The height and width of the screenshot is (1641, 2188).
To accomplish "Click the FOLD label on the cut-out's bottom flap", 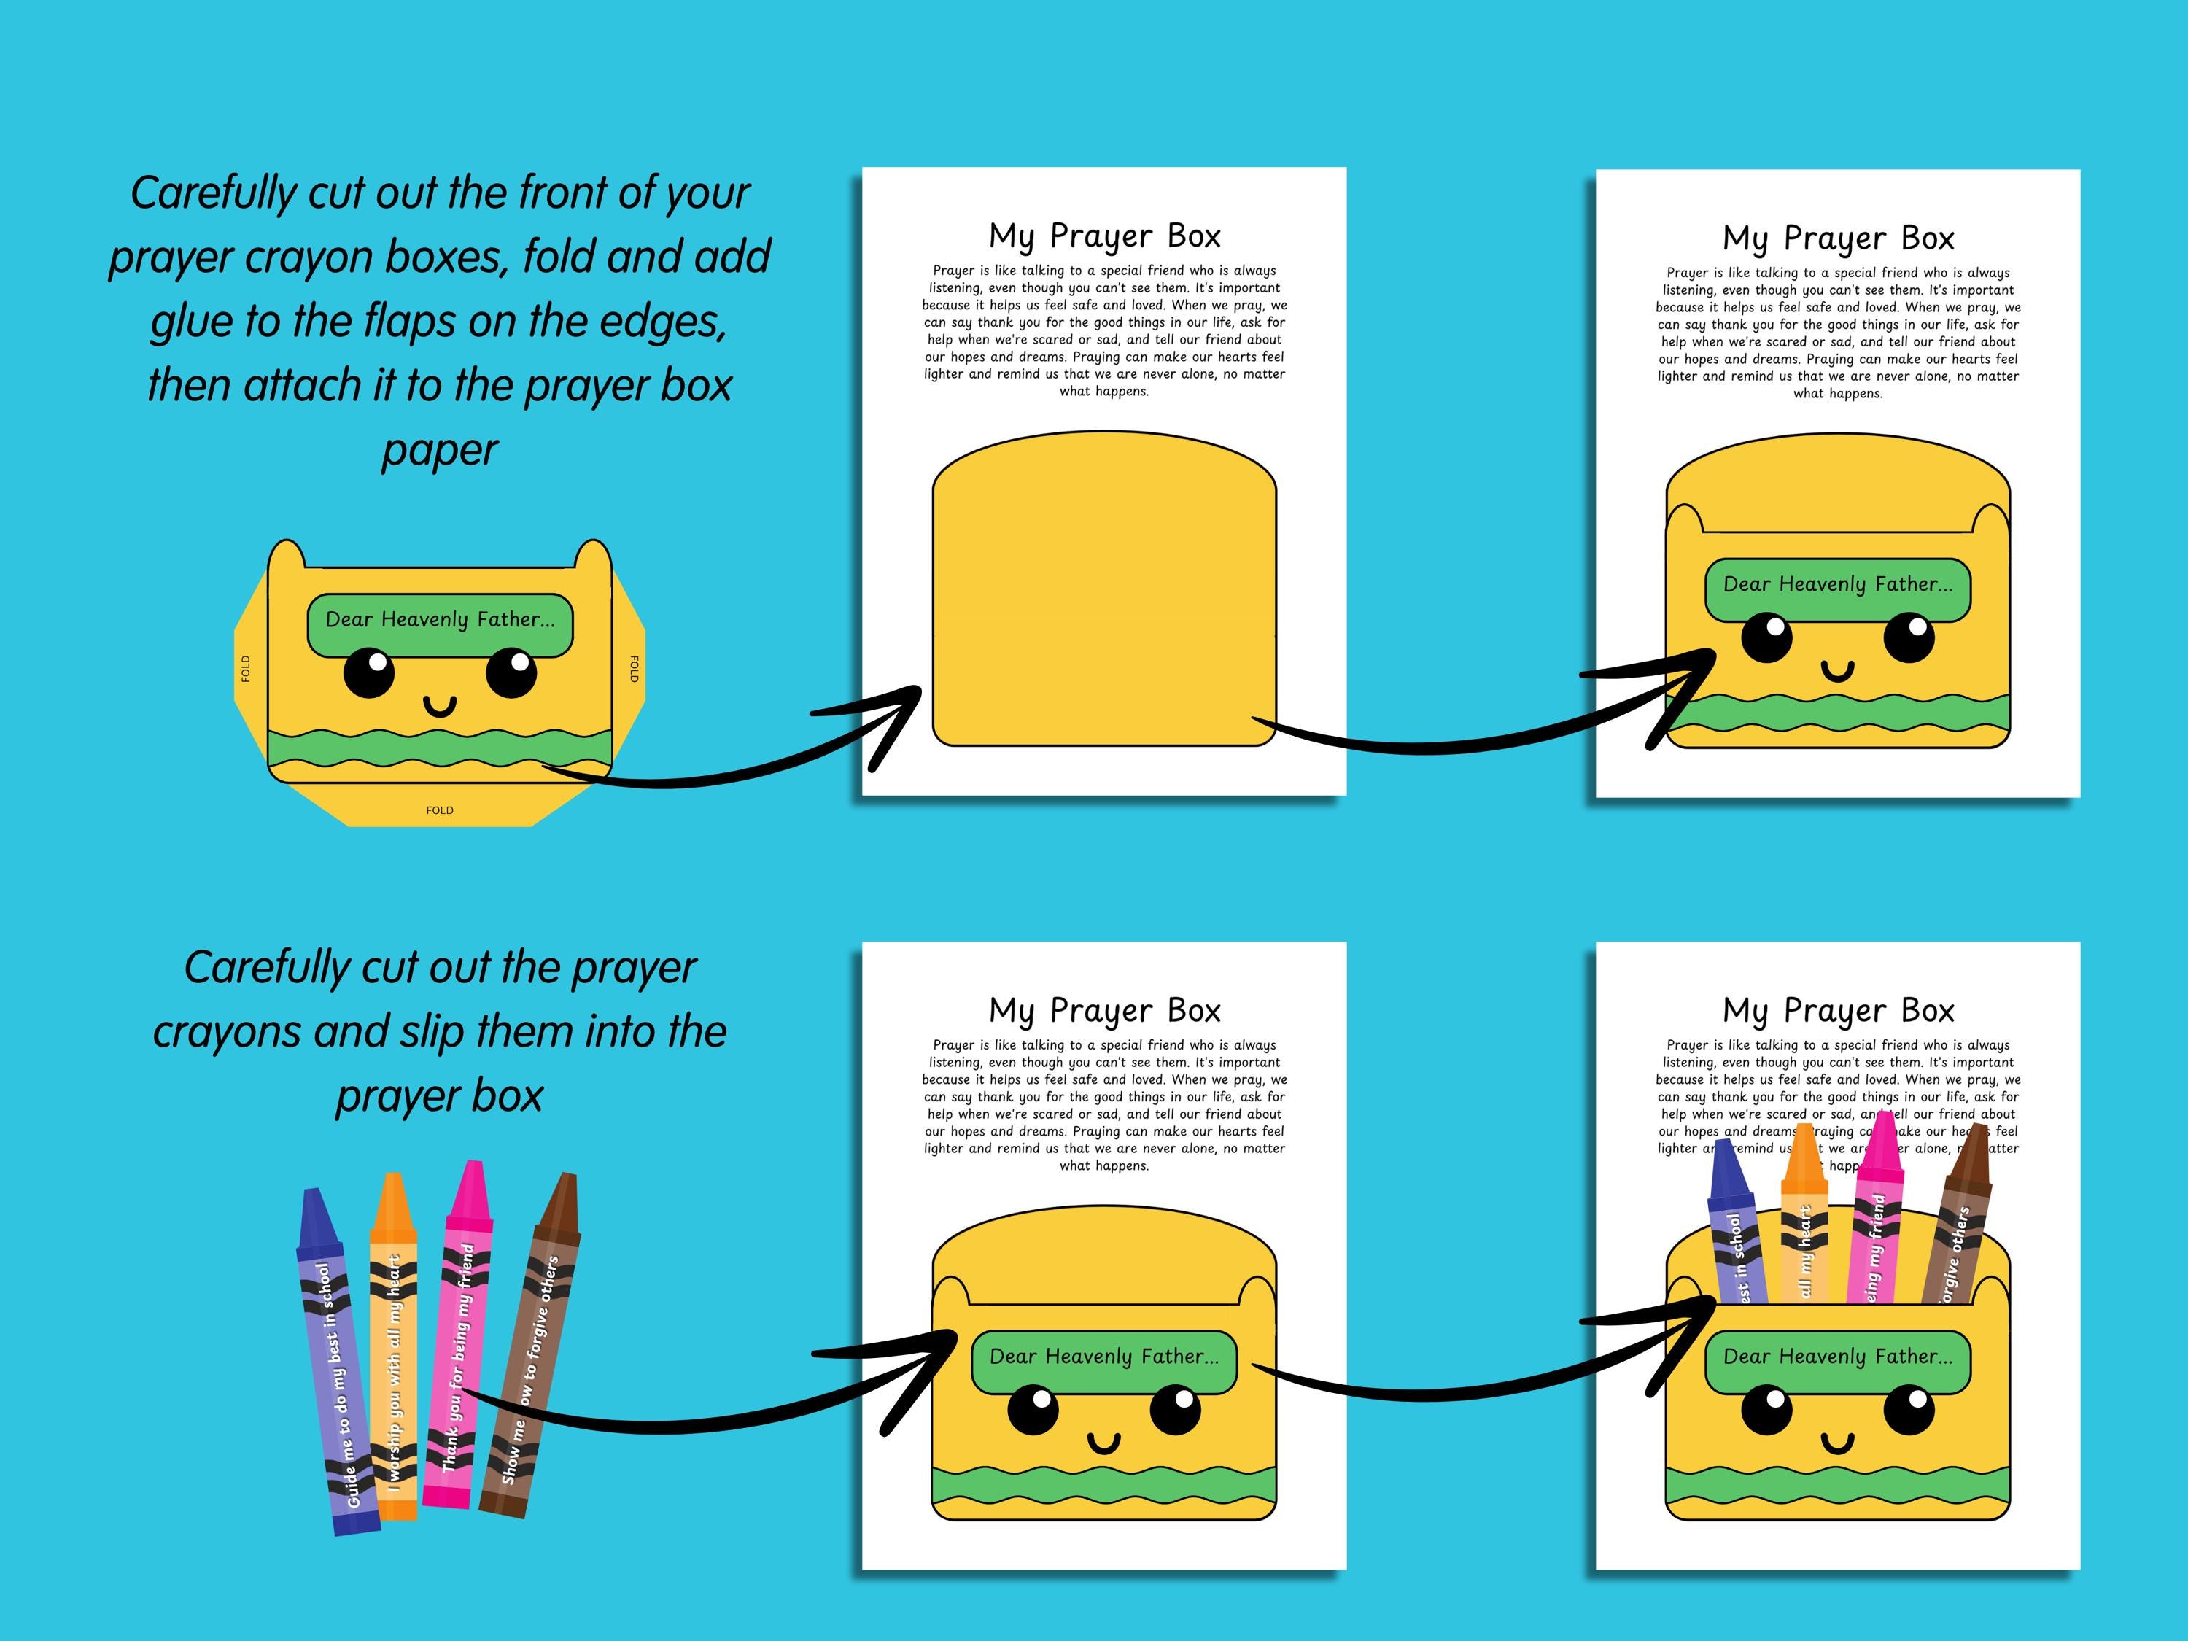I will (439, 810).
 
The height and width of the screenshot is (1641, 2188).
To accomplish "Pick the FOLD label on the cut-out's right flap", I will (634, 669).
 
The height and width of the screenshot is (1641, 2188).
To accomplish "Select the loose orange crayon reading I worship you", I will (394, 1350).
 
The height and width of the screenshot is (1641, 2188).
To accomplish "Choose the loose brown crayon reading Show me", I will (531, 1350).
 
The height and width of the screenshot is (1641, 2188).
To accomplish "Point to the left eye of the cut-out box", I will (368, 674).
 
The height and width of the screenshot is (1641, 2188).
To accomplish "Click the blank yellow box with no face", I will (1104, 589).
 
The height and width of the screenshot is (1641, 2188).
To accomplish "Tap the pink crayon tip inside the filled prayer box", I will (1882, 1147).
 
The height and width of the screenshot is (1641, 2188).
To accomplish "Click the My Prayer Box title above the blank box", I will (1104, 236).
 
